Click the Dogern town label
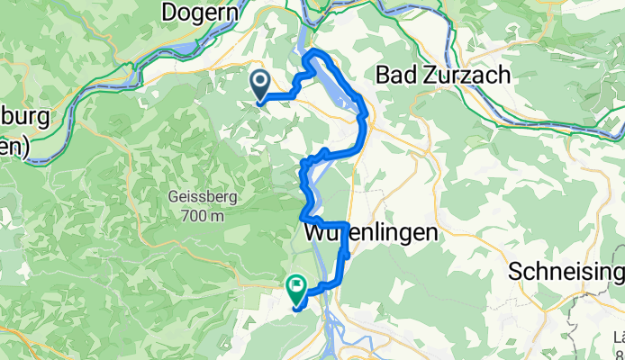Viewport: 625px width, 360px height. (201, 13)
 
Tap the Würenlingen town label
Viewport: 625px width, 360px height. (371, 232)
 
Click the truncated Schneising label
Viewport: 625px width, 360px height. (566, 272)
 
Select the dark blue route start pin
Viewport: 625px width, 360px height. (259, 85)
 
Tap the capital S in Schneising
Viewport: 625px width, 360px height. (514, 272)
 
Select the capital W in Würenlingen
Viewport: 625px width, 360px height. (315, 232)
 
